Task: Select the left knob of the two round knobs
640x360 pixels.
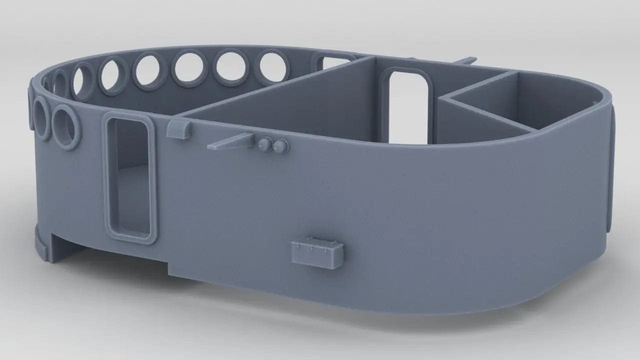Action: click(x=264, y=144)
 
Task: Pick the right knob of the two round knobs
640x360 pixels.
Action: click(x=280, y=145)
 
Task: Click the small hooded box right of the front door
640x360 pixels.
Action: click(x=178, y=129)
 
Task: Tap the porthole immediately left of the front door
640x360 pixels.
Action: click(x=66, y=126)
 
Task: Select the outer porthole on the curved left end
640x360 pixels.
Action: click(x=41, y=118)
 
